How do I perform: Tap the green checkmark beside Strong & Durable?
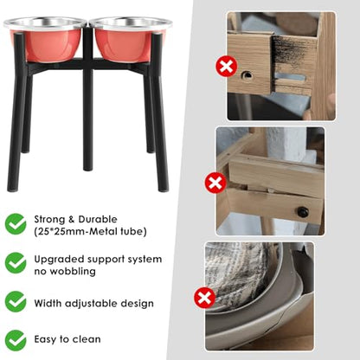tap(16, 224)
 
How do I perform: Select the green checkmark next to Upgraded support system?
tap(16, 263)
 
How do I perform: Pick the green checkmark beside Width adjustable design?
tap(16, 302)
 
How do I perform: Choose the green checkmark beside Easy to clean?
tap(16, 341)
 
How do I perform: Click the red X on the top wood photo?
tap(227, 67)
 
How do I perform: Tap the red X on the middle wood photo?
tap(215, 183)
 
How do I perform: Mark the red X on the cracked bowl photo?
tap(204, 298)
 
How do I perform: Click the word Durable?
tap(98, 219)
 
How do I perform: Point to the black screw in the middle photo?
tap(303, 212)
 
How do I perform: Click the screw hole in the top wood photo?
tap(247, 75)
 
